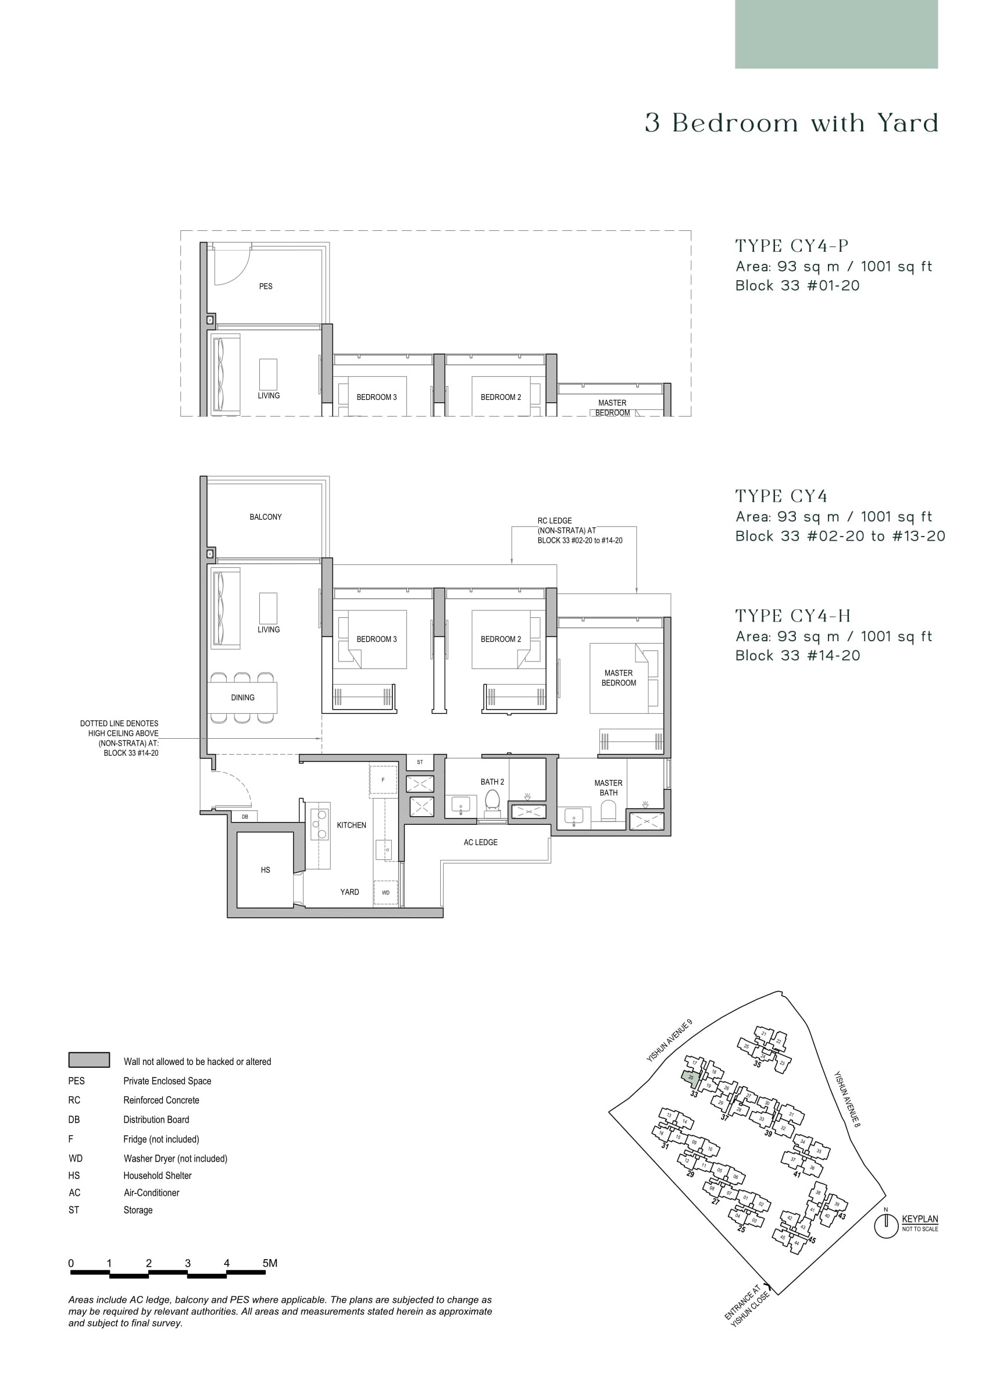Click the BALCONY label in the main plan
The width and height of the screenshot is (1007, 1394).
pos(266,517)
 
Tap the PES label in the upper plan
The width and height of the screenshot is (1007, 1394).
pos(266,287)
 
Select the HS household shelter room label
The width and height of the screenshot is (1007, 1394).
pos(266,870)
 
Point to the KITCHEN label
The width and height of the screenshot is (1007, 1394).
pos(351,825)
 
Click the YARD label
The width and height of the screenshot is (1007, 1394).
pos(349,892)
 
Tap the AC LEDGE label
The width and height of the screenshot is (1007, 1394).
pos(480,842)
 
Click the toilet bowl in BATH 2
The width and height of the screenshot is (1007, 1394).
pos(492,800)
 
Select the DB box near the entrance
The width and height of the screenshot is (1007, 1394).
pos(245,817)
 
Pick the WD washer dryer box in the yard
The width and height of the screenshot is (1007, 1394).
pos(385,892)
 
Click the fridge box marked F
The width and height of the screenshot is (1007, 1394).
pos(383,780)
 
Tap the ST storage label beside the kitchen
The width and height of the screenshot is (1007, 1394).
pos(420,762)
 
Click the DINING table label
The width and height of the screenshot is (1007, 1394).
pos(243,698)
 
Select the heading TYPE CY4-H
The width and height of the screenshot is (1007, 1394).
pos(793,616)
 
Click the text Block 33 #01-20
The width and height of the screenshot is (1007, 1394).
pos(797,285)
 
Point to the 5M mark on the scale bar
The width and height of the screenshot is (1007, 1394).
pos(269,1263)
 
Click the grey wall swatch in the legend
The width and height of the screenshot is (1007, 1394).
pos(89,1060)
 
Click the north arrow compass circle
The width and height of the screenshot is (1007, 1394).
pos(886,1227)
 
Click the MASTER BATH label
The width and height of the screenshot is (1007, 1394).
pos(608,787)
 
